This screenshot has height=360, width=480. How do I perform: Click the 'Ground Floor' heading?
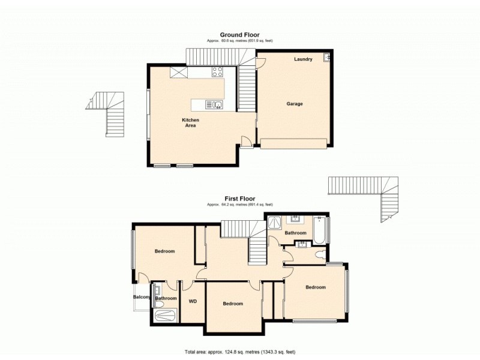[239, 35]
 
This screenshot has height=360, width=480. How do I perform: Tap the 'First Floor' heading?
[239, 199]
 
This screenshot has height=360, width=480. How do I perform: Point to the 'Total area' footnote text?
[239, 352]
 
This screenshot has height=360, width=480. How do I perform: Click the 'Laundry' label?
[303, 59]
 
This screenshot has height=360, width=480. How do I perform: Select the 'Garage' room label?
[294, 104]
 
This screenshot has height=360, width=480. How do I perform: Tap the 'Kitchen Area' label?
[191, 123]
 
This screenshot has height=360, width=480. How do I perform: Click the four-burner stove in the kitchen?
[217, 72]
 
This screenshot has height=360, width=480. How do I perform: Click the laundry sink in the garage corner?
[326, 58]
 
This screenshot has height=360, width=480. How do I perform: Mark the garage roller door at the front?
[293, 143]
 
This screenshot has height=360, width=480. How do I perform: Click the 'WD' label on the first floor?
[193, 301]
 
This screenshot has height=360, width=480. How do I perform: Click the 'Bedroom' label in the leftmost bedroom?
[164, 251]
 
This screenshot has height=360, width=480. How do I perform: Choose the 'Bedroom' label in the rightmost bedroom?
[316, 287]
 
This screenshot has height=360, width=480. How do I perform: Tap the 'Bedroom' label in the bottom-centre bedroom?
[233, 304]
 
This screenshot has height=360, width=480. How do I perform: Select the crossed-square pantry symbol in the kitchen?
[179, 72]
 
